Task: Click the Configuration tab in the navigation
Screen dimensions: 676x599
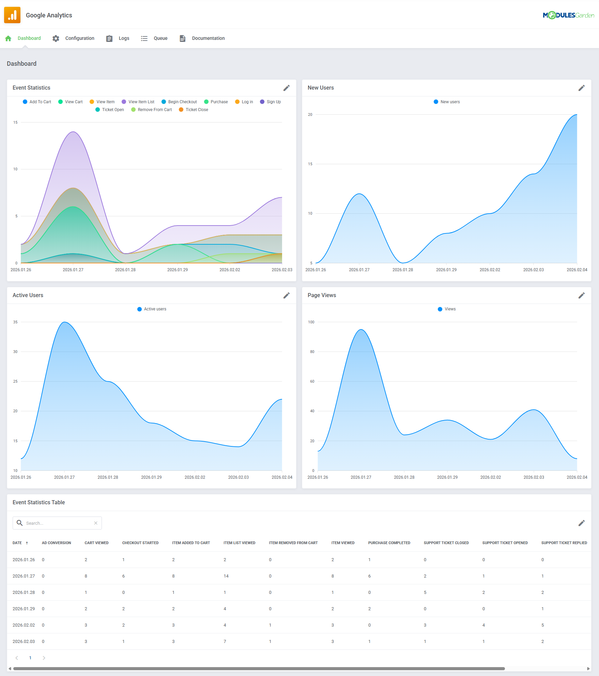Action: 79,38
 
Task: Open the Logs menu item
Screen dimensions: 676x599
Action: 124,38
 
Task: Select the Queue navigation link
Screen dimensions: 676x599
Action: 160,38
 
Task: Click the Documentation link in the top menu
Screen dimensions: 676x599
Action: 208,38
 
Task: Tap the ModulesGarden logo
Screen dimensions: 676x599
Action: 568,15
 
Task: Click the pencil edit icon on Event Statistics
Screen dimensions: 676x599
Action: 287,88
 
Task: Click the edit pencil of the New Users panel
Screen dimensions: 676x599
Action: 582,88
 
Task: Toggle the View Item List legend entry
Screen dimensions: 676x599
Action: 141,102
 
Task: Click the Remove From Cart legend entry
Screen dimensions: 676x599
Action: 154,110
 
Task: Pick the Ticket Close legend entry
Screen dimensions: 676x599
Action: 197,110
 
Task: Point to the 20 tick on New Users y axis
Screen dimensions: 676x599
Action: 310,114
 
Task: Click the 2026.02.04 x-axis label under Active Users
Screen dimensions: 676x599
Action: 282,477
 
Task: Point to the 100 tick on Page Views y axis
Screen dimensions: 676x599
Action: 311,322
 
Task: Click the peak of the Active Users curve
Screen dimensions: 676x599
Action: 64,322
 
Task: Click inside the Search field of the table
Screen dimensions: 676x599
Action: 58,523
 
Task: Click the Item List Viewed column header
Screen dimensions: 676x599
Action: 239,543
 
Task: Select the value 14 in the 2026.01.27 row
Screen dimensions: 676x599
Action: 226,576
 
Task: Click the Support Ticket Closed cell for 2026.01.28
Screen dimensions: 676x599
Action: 425,593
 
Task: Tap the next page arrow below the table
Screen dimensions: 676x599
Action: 44,658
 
